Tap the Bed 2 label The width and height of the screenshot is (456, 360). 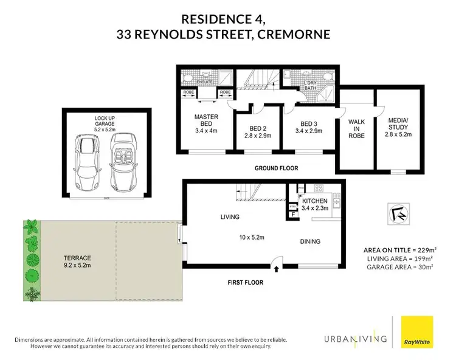coord(258,133)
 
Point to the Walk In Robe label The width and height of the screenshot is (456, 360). coord(356,127)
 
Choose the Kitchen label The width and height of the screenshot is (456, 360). coord(315,205)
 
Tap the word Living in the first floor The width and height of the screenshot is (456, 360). coord(230,217)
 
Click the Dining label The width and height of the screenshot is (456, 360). coord(310,241)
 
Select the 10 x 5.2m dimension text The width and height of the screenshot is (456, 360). coord(250,231)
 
